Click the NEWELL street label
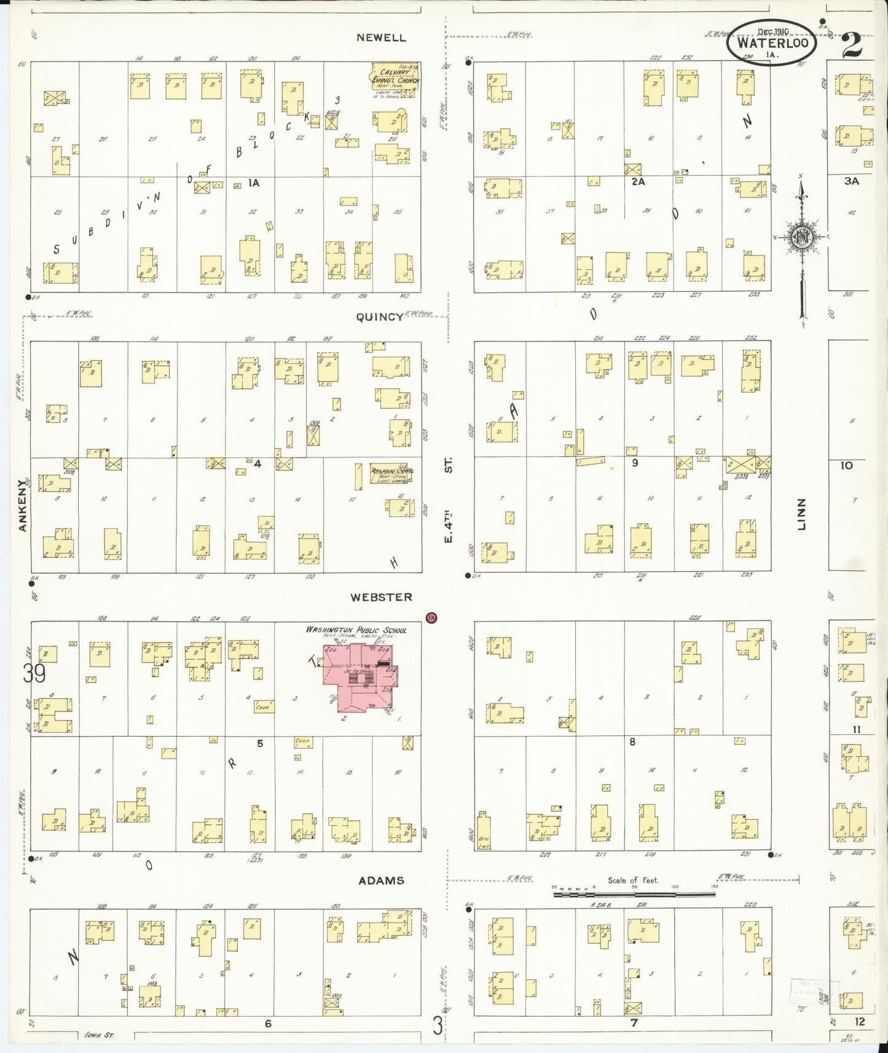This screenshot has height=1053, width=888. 382,37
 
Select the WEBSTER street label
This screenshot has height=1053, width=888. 381,597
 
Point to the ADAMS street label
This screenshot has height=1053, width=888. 382,880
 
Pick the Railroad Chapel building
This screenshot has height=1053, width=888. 391,474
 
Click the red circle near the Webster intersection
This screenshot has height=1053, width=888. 431,617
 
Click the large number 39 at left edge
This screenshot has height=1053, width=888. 34,674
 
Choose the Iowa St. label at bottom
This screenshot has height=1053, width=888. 98,1035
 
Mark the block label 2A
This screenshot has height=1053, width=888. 638,182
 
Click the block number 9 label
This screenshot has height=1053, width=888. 635,463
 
